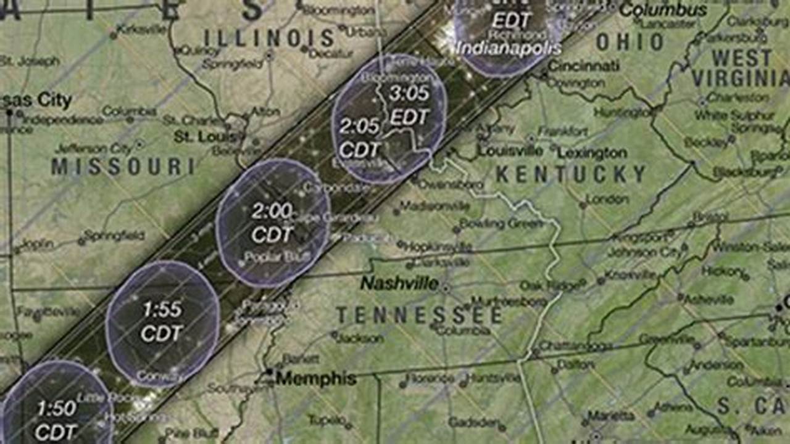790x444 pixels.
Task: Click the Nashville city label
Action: click(x=399, y=284)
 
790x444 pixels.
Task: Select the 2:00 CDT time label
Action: click(x=272, y=223)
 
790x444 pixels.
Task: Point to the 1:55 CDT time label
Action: click(x=162, y=321)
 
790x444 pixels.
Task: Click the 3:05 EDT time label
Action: click(x=409, y=105)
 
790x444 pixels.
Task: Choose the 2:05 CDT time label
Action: click(x=359, y=138)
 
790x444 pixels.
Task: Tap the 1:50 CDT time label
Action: click(x=56, y=419)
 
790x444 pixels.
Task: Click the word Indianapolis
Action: click(x=509, y=48)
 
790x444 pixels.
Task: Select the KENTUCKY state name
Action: click(x=571, y=175)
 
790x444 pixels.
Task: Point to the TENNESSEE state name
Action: click(x=419, y=316)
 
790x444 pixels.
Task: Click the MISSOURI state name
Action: click(x=123, y=166)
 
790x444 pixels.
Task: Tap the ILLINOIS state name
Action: click(x=269, y=38)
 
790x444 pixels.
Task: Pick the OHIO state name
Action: click(x=630, y=42)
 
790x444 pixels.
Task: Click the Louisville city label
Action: click(x=510, y=151)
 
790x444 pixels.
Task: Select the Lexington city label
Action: click(x=592, y=153)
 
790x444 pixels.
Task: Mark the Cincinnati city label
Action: click(x=583, y=65)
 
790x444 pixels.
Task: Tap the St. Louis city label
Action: click(x=205, y=136)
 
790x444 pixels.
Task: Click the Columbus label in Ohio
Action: click(x=663, y=10)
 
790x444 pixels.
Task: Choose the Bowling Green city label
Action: click(x=501, y=224)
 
